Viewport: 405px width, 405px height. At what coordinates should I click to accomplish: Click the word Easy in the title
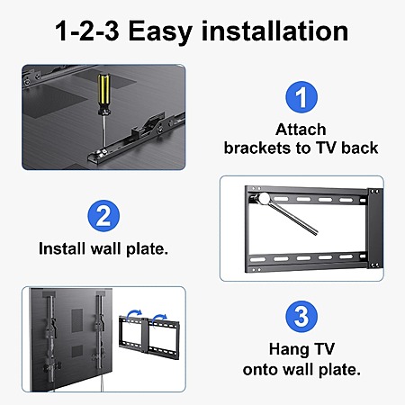click(160, 31)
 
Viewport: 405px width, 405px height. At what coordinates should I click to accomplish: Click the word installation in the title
click(274, 31)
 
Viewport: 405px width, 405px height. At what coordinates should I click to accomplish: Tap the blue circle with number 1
click(301, 97)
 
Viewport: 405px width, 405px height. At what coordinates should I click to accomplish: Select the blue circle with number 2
click(103, 216)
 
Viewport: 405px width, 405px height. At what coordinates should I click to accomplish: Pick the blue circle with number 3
click(301, 316)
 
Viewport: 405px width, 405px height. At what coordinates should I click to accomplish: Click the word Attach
click(301, 130)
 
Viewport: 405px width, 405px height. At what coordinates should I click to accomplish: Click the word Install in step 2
click(62, 248)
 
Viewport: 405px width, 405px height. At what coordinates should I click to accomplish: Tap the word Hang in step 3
click(289, 350)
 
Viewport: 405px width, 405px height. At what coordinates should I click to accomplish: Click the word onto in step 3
click(261, 370)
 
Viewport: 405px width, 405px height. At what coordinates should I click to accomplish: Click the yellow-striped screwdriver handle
click(103, 94)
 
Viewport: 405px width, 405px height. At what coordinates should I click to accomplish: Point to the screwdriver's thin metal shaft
click(103, 132)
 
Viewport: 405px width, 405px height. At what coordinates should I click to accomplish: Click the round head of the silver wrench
click(265, 199)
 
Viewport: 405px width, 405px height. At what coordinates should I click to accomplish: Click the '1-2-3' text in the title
click(87, 31)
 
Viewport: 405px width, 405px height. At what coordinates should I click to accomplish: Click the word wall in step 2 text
click(105, 248)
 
